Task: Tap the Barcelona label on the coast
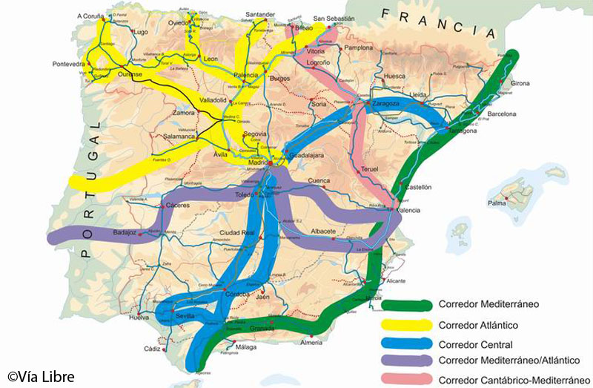(x=501, y=114)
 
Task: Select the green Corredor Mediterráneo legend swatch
(x=406, y=304)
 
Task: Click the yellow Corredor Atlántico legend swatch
(x=406, y=324)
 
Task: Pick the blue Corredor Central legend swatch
(x=406, y=343)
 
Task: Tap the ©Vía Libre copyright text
(x=42, y=376)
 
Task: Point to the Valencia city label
(x=408, y=211)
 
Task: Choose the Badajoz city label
(x=125, y=232)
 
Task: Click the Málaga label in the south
(x=245, y=347)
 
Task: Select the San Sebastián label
(x=334, y=19)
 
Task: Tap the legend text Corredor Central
(x=474, y=344)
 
